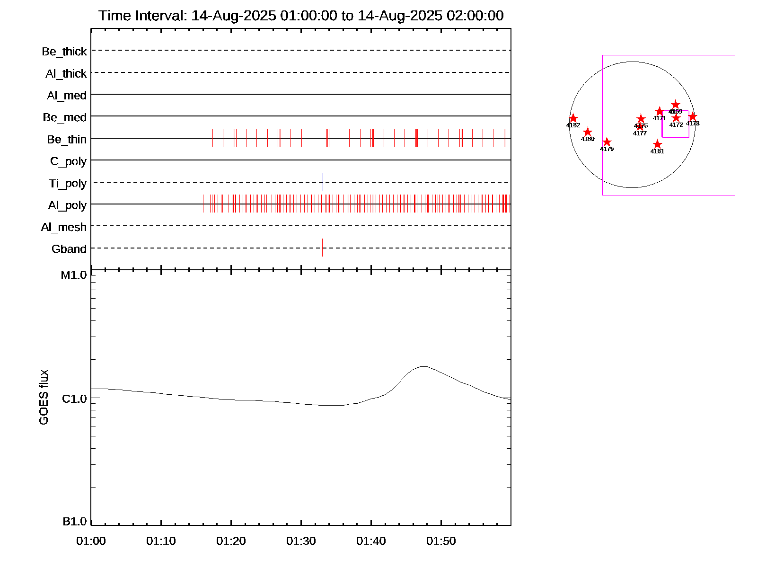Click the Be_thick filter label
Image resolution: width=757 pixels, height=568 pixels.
[64, 52]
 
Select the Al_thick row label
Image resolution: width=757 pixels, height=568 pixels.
[66, 74]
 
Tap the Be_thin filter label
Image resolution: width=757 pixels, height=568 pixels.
[67, 140]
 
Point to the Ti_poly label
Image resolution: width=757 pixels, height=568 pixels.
[68, 184]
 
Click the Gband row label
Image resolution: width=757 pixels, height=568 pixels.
[69, 249]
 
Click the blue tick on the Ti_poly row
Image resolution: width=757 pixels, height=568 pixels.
[323, 182]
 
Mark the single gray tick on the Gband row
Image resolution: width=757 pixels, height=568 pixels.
[322, 248]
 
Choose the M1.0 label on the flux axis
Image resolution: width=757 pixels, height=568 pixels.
[74, 275]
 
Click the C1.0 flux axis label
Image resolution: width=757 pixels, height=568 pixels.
[74, 399]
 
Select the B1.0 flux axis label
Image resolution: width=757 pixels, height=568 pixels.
[75, 522]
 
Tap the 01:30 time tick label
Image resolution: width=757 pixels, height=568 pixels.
[301, 541]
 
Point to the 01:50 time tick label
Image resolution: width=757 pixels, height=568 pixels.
[441, 541]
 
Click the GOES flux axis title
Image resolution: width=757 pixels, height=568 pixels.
[44, 397]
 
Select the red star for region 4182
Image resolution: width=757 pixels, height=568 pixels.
[573, 118]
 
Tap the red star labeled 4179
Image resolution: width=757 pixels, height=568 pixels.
[607, 142]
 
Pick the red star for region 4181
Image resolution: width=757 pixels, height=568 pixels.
[657, 144]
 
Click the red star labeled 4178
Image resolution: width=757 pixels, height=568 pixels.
[693, 116]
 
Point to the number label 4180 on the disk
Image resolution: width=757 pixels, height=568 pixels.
[588, 139]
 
